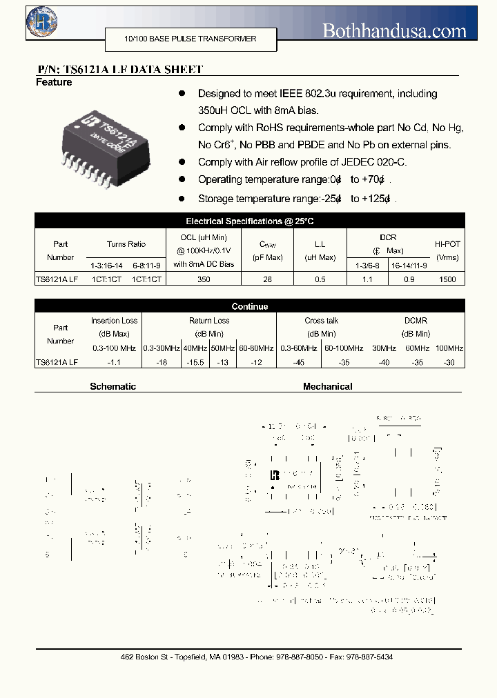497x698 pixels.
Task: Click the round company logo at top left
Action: click(42, 22)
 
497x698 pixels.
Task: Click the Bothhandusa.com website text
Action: click(395, 30)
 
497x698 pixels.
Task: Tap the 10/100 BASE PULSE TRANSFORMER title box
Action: click(191, 39)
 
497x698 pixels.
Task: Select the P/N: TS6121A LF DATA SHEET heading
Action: click(119, 70)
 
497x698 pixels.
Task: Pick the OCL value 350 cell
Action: click(204, 279)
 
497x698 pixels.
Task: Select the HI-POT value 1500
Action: click(447, 279)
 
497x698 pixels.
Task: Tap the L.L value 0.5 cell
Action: click(320, 279)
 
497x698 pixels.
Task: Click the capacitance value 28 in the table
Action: click(268, 279)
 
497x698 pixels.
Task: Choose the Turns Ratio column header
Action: click(126, 244)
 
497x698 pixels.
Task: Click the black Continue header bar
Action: click(249, 306)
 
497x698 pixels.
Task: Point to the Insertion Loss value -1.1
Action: click(114, 362)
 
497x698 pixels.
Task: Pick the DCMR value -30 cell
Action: click(449, 362)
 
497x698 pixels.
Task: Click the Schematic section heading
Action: click(113, 387)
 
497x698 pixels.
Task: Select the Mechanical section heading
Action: click(327, 387)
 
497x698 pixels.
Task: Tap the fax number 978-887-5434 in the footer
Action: click(371, 657)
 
